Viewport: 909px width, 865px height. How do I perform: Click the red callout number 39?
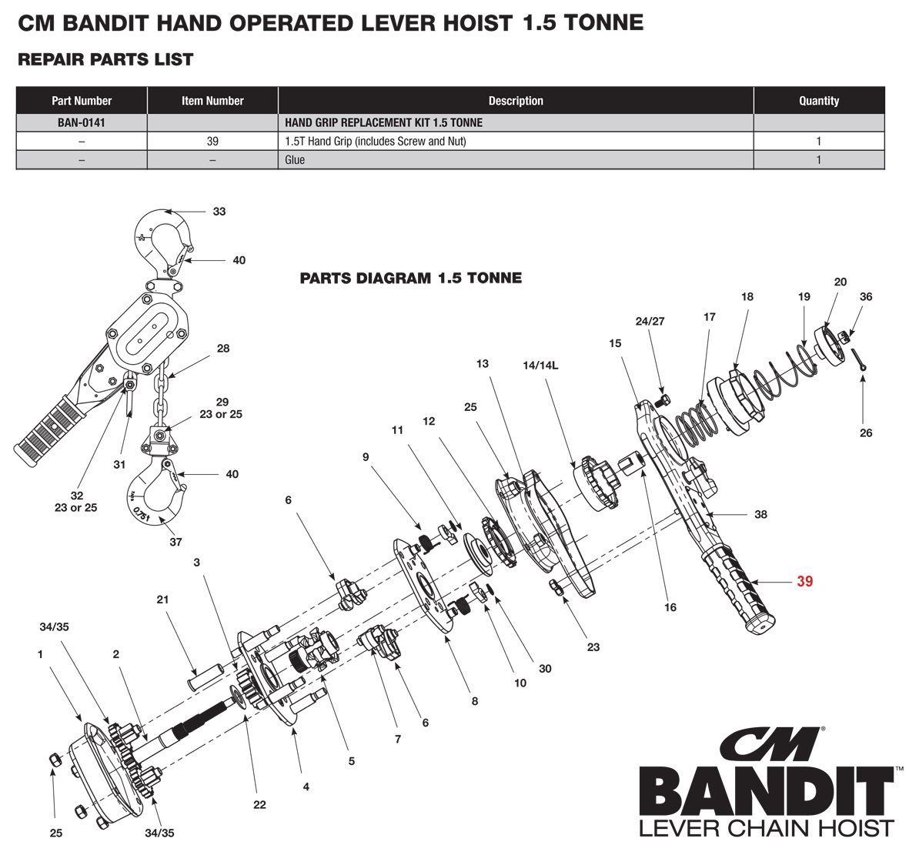pos(804,581)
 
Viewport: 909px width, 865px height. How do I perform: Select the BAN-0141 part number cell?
pos(82,122)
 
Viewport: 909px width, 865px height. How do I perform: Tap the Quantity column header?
pos(819,100)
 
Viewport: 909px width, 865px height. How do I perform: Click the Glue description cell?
pos(516,159)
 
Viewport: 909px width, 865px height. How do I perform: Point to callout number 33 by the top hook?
pos(219,212)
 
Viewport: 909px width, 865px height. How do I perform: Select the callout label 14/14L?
pos(540,366)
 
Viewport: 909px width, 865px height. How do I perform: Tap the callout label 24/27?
pos(650,321)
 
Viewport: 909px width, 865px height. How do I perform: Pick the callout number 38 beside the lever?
pos(760,514)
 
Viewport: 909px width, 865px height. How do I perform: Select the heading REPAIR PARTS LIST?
pos(105,59)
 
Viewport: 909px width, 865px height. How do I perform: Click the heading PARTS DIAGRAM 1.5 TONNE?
pos(410,279)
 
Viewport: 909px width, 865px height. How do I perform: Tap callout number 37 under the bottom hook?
pos(175,542)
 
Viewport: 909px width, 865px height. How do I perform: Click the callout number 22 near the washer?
pos(259,804)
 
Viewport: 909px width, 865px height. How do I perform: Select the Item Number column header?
pos(212,100)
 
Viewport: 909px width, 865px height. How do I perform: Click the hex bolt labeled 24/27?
pos(663,400)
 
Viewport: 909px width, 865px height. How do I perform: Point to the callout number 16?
pos(670,607)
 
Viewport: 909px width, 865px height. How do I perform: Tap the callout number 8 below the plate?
pos(475,701)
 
